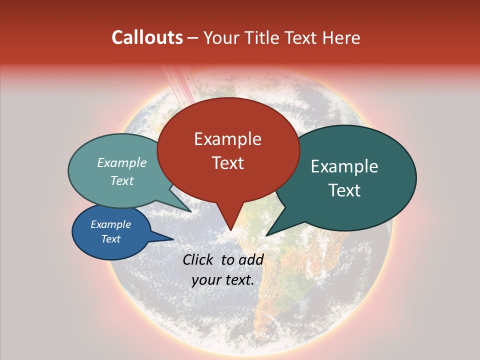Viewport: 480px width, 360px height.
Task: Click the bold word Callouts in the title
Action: point(147,37)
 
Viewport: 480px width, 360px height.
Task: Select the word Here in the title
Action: point(342,37)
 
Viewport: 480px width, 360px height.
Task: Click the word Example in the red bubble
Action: point(227,139)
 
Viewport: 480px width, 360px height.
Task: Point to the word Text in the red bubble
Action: point(227,163)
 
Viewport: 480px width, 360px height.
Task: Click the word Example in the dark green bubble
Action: point(344,166)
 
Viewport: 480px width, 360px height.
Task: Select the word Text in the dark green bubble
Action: point(344,190)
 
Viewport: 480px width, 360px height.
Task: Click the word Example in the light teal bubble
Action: point(122,163)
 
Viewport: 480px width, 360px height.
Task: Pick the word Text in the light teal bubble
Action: point(122,181)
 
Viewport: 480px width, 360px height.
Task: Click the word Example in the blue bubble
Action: point(111,224)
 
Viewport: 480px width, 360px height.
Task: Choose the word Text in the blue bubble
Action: point(111,239)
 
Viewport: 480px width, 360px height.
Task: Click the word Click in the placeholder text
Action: point(199,259)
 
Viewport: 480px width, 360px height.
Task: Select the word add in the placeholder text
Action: point(251,259)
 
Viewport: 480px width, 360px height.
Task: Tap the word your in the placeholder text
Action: point(205,280)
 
